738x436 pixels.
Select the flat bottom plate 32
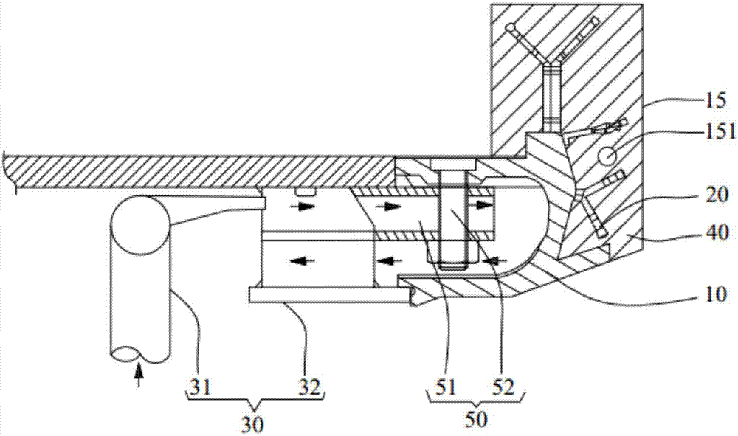pyautogui.click(x=328, y=295)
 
